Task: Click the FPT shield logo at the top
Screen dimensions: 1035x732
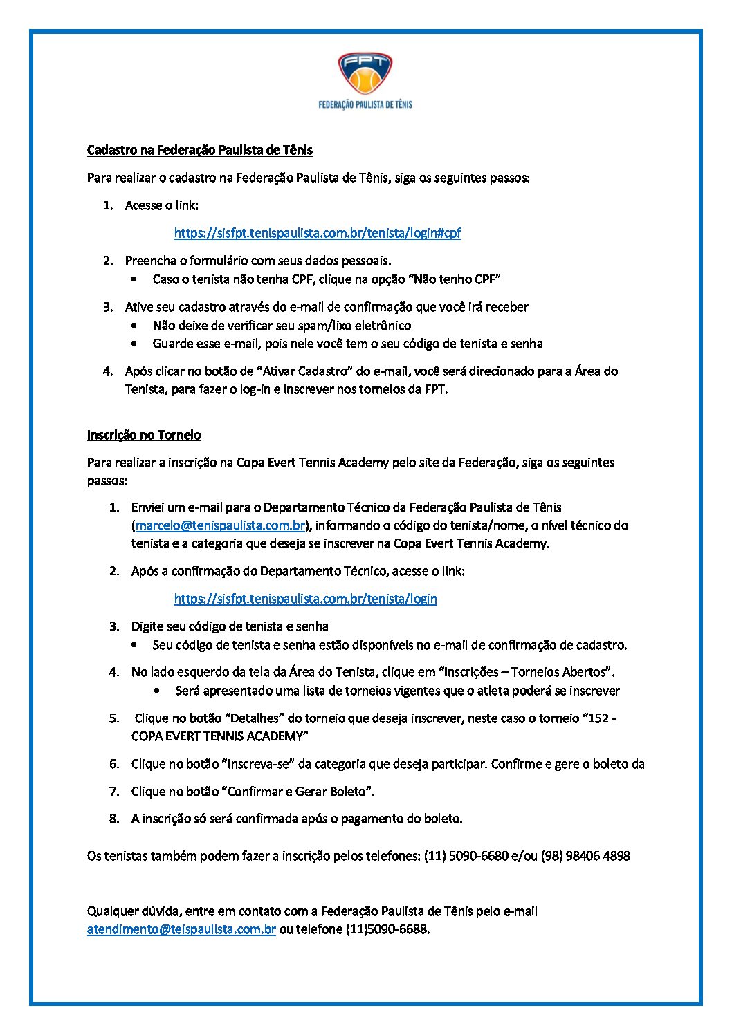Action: [365, 74]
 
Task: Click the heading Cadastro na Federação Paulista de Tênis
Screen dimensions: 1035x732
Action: [199, 150]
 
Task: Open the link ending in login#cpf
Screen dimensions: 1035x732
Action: [318, 232]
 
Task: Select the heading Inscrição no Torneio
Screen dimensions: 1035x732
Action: [144, 435]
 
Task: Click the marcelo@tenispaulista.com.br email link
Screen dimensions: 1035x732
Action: [221, 525]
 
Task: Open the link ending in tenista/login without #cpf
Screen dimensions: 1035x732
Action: [305, 599]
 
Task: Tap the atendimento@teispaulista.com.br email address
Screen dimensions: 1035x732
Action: [181, 929]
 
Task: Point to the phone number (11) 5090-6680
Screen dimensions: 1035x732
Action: [466, 856]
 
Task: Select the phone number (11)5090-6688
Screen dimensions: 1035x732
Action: [387, 929]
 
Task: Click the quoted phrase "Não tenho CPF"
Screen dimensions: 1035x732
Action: [455, 279]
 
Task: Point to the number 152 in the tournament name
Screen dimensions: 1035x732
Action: [599, 718]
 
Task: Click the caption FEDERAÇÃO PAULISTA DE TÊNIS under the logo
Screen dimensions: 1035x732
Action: [365, 104]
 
